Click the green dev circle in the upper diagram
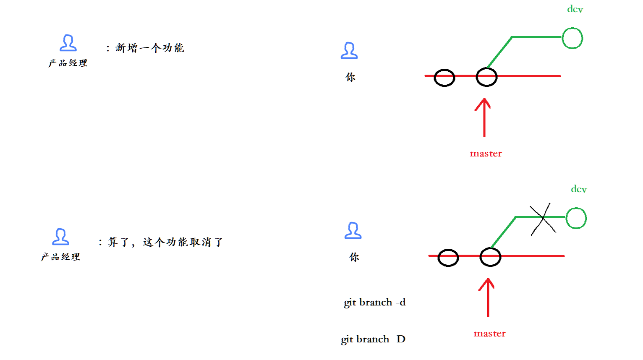(x=572, y=38)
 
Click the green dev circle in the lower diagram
(x=576, y=218)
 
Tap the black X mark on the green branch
(x=543, y=219)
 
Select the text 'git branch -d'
(x=374, y=303)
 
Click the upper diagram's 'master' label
(x=486, y=154)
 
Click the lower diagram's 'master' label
(x=489, y=334)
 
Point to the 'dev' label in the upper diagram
(x=575, y=9)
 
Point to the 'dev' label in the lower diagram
(x=578, y=189)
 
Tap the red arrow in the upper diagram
(x=484, y=117)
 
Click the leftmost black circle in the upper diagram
(x=444, y=78)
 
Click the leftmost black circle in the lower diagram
(x=448, y=258)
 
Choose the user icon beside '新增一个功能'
(x=68, y=43)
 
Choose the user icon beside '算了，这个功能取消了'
(x=60, y=237)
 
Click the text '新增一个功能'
(x=149, y=48)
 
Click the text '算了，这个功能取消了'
(x=165, y=242)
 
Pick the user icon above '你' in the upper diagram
(x=349, y=50)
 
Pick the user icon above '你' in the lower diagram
(x=353, y=230)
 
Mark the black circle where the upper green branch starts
(x=486, y=78)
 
